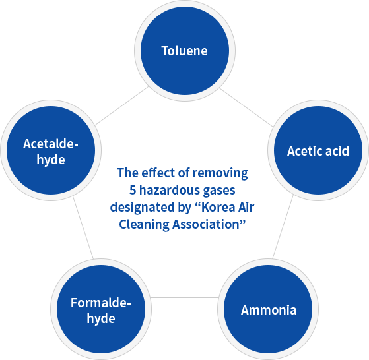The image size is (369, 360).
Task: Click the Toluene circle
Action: tap(185, 51)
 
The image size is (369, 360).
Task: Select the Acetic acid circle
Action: tap(318, 150)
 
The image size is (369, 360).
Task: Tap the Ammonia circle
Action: tap(268, 309)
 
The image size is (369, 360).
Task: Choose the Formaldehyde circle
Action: tap(101, 309)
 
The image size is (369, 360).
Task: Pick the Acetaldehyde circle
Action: tap(51, 150)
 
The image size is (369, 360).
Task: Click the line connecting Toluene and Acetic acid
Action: tap(246, 107)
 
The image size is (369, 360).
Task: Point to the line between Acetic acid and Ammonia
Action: tap(283, 227)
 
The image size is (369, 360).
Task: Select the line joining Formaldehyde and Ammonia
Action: tap(185, 298)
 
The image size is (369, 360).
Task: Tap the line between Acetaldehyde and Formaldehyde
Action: tap(83, 227)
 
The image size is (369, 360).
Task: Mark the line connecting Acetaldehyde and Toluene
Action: tap(121, 105)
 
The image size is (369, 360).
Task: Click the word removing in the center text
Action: tap(220, 173)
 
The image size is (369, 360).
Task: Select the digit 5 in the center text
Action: tap(133, 190)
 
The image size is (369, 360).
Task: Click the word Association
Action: tap(206, 224)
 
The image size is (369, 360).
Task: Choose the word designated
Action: tap(140, 208)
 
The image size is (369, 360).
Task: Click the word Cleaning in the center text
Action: tap(144, 225)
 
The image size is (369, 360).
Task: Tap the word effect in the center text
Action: tap(158, 173)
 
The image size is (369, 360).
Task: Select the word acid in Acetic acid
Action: tap(337, 151)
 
